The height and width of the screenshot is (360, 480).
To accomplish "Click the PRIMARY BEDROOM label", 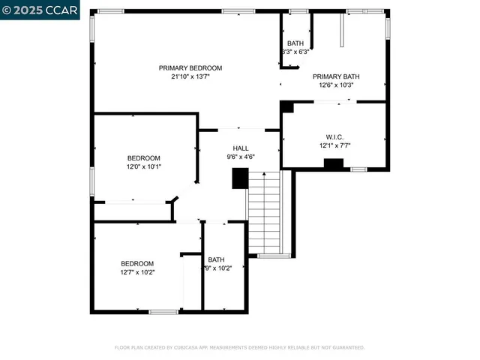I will [190, 68].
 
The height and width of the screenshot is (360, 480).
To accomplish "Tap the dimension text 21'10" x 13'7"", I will [190, 77].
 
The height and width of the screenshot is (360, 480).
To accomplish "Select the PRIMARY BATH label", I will [336, 76].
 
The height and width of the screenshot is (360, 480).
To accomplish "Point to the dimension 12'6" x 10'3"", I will [336, 85].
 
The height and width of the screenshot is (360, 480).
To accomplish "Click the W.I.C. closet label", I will [334, 136].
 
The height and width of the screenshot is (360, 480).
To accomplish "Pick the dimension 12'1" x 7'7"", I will [334, 145].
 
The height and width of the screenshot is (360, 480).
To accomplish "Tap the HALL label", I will [241, 148].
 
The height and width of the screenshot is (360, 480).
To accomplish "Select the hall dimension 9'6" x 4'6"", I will [241, 157].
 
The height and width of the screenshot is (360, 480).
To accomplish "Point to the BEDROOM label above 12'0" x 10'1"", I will [143, 157].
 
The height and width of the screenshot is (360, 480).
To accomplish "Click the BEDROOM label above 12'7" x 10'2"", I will [137, 263].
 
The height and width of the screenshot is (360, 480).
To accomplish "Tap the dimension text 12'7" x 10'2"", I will [137, 272].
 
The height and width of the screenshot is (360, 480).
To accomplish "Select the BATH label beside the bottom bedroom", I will [216, 259].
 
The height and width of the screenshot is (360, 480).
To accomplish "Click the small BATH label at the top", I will [295, 43].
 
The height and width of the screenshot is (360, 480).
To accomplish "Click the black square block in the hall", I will [240, 178].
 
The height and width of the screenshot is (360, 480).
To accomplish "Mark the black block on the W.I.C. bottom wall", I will [333, 164].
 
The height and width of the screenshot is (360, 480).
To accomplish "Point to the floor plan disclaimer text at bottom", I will [239, 347].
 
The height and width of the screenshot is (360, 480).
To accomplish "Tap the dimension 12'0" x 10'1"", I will [143, 166].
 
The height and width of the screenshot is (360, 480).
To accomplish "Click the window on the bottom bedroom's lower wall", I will [163, 311].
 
